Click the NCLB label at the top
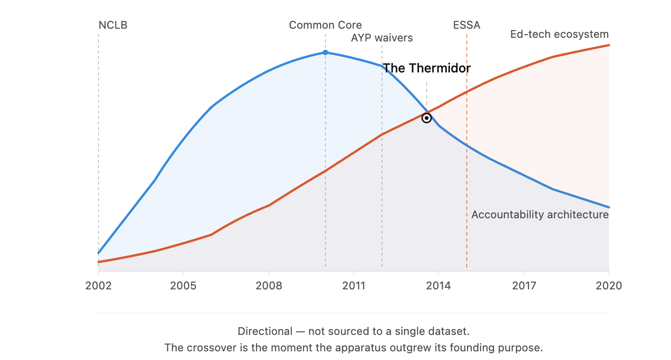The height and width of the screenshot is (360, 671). [113, 25]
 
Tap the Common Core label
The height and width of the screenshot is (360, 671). [325, 25]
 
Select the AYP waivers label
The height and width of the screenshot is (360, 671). [382, 38]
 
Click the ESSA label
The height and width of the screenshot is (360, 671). [467, 25]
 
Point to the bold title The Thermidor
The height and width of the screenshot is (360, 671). [427, 68]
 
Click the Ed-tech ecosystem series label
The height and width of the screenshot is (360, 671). [559, 35]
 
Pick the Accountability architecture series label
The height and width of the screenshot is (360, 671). [540, 215]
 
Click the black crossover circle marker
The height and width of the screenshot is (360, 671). [427, 118]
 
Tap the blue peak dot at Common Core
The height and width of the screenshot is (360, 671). [325, 52]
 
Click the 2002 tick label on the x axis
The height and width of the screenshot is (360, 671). [98, 286]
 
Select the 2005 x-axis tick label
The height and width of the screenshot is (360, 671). [183, 286]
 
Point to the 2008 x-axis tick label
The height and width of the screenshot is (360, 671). [268, 286]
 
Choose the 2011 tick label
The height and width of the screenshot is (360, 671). [354, 286]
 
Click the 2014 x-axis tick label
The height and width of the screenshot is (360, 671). [438, 286]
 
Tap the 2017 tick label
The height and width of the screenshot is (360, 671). [524, 286]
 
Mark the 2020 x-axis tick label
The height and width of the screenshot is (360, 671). [609, 286]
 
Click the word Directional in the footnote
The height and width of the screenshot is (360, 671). [265, 332]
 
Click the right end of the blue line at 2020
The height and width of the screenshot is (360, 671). [609, 207]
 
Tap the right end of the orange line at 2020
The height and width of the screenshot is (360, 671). [609, 45]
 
